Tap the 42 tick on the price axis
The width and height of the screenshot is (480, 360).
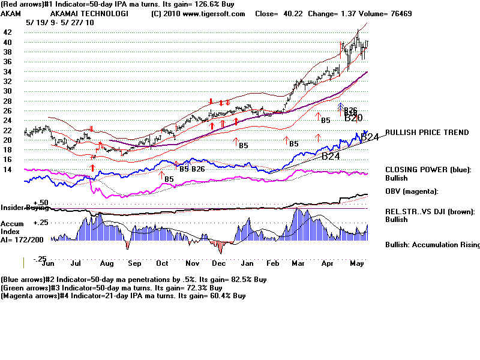tap(8, 32)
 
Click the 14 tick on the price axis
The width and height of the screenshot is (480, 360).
tap(8, 170)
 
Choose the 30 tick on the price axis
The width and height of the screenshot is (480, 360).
tap(8, 91)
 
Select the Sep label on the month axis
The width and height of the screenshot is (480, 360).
tap(134, 263)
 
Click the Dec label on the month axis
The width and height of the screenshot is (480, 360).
tap(218, 263)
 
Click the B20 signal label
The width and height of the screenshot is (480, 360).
tap(353, 118)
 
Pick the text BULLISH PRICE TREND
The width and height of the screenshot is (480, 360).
tap(427, 133)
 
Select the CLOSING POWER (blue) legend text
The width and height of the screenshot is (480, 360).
tap(428, 170)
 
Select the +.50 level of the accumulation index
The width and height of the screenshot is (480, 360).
tap(41, 203)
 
